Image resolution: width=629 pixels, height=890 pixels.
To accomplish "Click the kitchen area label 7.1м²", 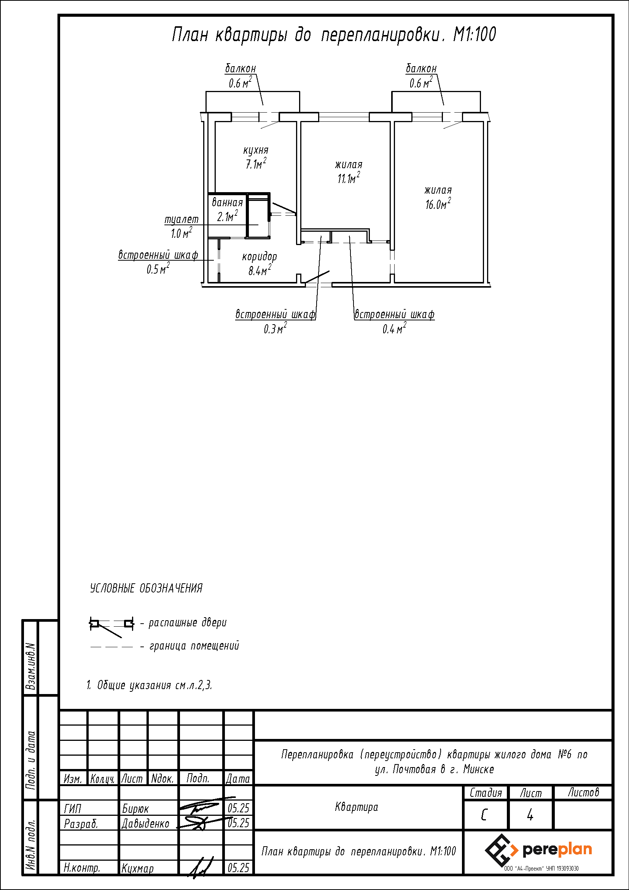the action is coord(256,164).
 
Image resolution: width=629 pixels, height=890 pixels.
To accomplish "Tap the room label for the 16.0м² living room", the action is coord(438,190).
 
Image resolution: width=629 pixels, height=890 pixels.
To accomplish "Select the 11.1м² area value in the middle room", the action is coord(349,178).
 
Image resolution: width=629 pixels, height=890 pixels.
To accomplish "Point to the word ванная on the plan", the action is coord(227,202).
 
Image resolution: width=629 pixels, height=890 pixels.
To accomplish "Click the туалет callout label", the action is coord(182,220).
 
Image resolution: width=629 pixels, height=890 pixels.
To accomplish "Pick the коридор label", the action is coord(259,256).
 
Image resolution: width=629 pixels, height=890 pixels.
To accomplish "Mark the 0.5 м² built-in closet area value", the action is coord(158,269).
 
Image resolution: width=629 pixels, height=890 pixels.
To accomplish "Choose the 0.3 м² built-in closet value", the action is coord(275,328).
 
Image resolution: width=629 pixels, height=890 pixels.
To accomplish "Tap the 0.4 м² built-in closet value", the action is coord(394,328).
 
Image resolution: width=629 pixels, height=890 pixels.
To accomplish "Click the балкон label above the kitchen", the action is coord(240,68).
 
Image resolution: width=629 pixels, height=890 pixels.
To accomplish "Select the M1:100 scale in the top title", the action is coord(475,35).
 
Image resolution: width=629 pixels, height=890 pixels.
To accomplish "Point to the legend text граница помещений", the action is coord(194,646).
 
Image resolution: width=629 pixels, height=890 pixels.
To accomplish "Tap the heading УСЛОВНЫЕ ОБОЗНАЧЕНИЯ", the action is coord(146,588).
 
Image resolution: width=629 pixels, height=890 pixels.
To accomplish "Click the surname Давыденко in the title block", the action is coord(145,824).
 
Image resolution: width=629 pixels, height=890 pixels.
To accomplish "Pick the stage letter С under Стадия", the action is coord(484,815).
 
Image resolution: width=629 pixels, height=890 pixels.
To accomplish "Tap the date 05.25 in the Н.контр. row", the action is coord(238,868).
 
